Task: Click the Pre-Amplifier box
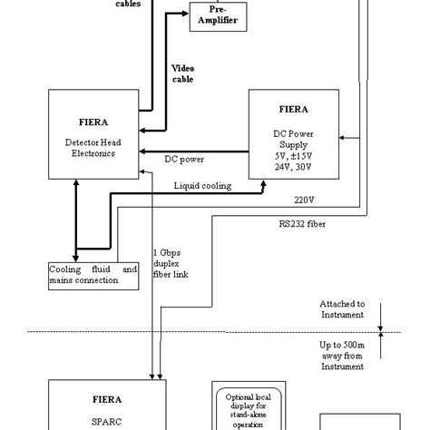click(x=218, y=18)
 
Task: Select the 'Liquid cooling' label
click(x=202, y=185)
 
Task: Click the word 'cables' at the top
click(x=127, y=4)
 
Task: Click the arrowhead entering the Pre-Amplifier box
click(x=185, y=13)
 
